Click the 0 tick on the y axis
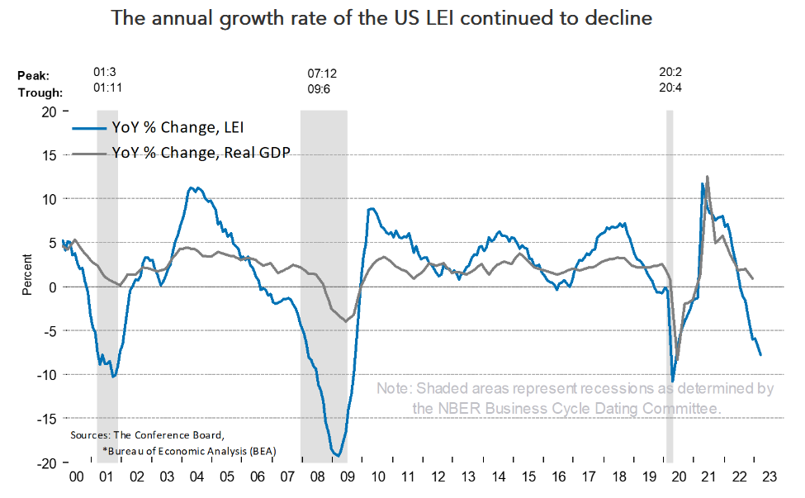pos(52,287)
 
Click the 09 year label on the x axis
pos(348,477)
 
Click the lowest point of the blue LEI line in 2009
pos(336,455)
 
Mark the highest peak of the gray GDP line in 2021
pos(708,176)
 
